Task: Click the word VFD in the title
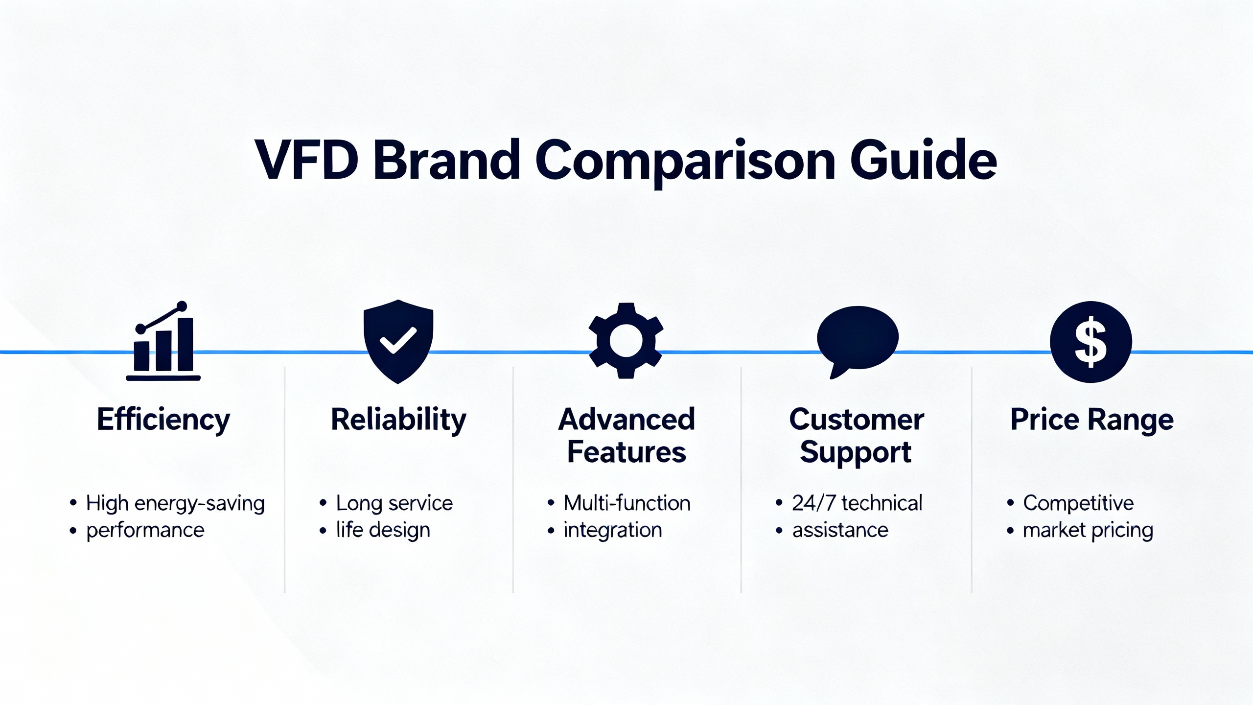point(307,160)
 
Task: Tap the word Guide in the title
point(924,159)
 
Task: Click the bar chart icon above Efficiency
point(163,341)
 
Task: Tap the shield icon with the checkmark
point(398,341)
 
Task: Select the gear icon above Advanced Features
point(626,341)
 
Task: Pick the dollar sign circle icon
point(1091,342)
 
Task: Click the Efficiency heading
point(163,420)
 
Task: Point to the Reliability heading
point(398,420)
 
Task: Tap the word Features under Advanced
point(626,452)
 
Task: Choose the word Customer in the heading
point(857,420)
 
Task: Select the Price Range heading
point(1092,420)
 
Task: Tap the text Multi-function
point(627,503)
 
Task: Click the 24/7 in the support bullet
point(814,503)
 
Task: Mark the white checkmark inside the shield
point(398,340)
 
